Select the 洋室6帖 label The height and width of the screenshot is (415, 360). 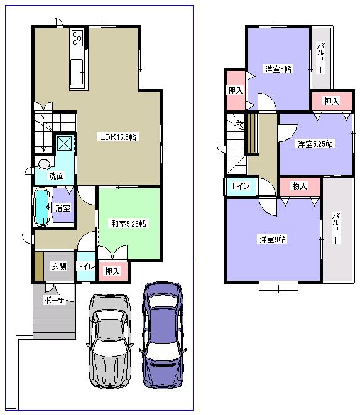point(277,69)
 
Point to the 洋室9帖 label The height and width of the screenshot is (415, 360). point(273,239)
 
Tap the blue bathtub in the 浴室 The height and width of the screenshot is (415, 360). point(42,208)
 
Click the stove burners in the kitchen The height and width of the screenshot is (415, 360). point(78,38)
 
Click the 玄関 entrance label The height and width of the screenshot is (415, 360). point(58,266)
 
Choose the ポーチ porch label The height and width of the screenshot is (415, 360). point(54,300)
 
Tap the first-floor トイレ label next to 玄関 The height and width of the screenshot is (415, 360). point(85,267)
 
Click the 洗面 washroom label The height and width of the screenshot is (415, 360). point(56,176)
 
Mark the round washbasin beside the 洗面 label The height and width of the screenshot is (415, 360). point(43,164)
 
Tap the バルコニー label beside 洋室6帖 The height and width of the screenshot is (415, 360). point(320,58)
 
